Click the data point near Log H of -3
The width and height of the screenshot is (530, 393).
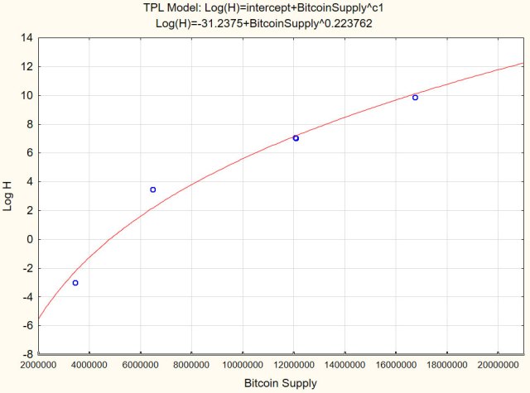[75, 283]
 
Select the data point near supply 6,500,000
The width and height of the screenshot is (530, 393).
[152, 189]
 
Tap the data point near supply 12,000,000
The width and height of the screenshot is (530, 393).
[296, 138]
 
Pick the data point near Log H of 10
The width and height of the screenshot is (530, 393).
[415, 98]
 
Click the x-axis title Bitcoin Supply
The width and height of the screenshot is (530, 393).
[282, 383]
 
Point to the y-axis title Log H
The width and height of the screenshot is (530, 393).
[9, 196]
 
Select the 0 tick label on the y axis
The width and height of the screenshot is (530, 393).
[31, 239]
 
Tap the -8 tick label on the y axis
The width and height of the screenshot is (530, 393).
[28, 354]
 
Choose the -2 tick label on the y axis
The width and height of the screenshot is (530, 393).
[28, 268]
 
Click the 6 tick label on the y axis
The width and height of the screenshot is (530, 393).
[31, 153]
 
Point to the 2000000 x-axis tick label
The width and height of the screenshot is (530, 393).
[38, 365]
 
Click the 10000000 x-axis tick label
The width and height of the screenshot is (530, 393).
[242, 365]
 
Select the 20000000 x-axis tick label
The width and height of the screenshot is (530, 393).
[497, 365]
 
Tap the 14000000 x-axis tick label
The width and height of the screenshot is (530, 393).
[344, 365]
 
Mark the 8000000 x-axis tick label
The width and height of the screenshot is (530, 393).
[191, 365]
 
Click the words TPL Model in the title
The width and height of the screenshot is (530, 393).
[173, 7]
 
